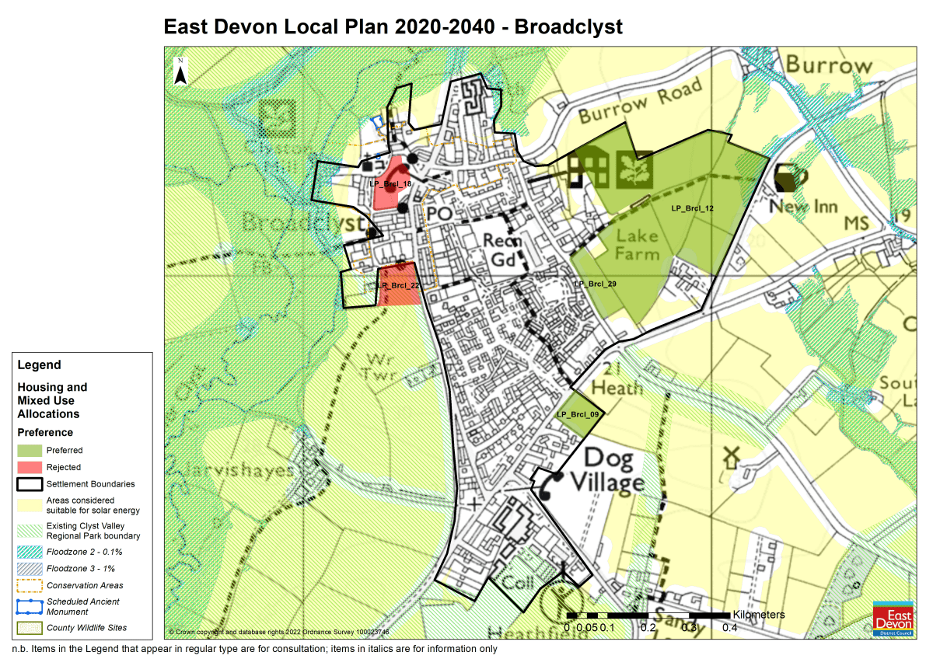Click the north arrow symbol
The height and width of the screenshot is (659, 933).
pos(180,71)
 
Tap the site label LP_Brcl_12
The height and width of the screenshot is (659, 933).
pos(692,208)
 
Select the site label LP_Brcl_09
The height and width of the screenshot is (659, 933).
pos(578,414)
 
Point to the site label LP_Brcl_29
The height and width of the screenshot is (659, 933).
pos(595,285)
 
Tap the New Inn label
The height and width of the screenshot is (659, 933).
pos(803,207)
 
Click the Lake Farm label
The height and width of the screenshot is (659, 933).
pos(637,244)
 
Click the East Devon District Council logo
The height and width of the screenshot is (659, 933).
pos(895,619)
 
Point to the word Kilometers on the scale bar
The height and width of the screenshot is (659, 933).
pos(758,615)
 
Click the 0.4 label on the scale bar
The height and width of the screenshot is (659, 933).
pos(729,628)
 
